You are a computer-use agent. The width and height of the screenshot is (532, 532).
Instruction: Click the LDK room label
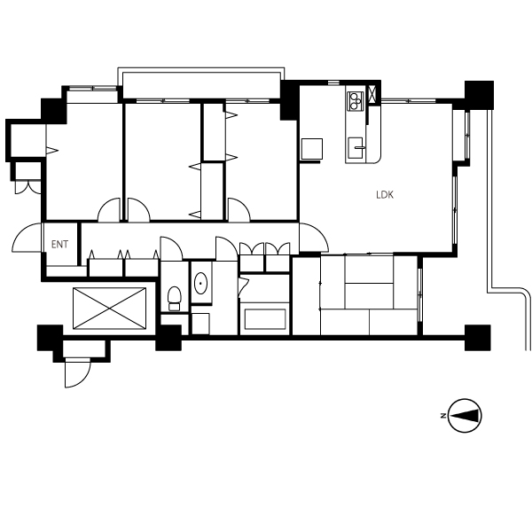point(385,195)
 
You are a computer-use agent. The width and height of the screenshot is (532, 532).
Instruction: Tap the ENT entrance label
point(59,245)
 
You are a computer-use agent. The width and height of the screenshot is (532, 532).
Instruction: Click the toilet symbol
point(175,299)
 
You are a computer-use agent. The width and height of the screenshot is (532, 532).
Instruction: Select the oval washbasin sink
point(201,283)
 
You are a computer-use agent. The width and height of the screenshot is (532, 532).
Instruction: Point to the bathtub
point(265,319)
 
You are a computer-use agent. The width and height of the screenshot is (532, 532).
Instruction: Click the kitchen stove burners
point(356,101)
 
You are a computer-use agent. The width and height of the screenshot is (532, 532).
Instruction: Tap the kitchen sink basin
point(356,148)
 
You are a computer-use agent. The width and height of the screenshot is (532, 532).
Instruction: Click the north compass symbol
point(465,416)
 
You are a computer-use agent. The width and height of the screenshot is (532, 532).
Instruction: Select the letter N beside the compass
point(443,416)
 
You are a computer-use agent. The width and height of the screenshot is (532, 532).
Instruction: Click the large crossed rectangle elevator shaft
point(109,309)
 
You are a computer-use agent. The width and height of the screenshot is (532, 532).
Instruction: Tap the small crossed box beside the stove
point(372,94)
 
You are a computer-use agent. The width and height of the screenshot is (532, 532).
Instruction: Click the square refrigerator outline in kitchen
point(312,149)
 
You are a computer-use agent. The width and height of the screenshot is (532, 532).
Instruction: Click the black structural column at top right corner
point(479,95)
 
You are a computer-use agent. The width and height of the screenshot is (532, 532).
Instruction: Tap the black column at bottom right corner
point(477,338)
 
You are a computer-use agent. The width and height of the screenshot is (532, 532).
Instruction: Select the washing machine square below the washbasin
point(200,324)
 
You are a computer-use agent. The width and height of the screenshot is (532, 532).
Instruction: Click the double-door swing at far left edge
point(27,188)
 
